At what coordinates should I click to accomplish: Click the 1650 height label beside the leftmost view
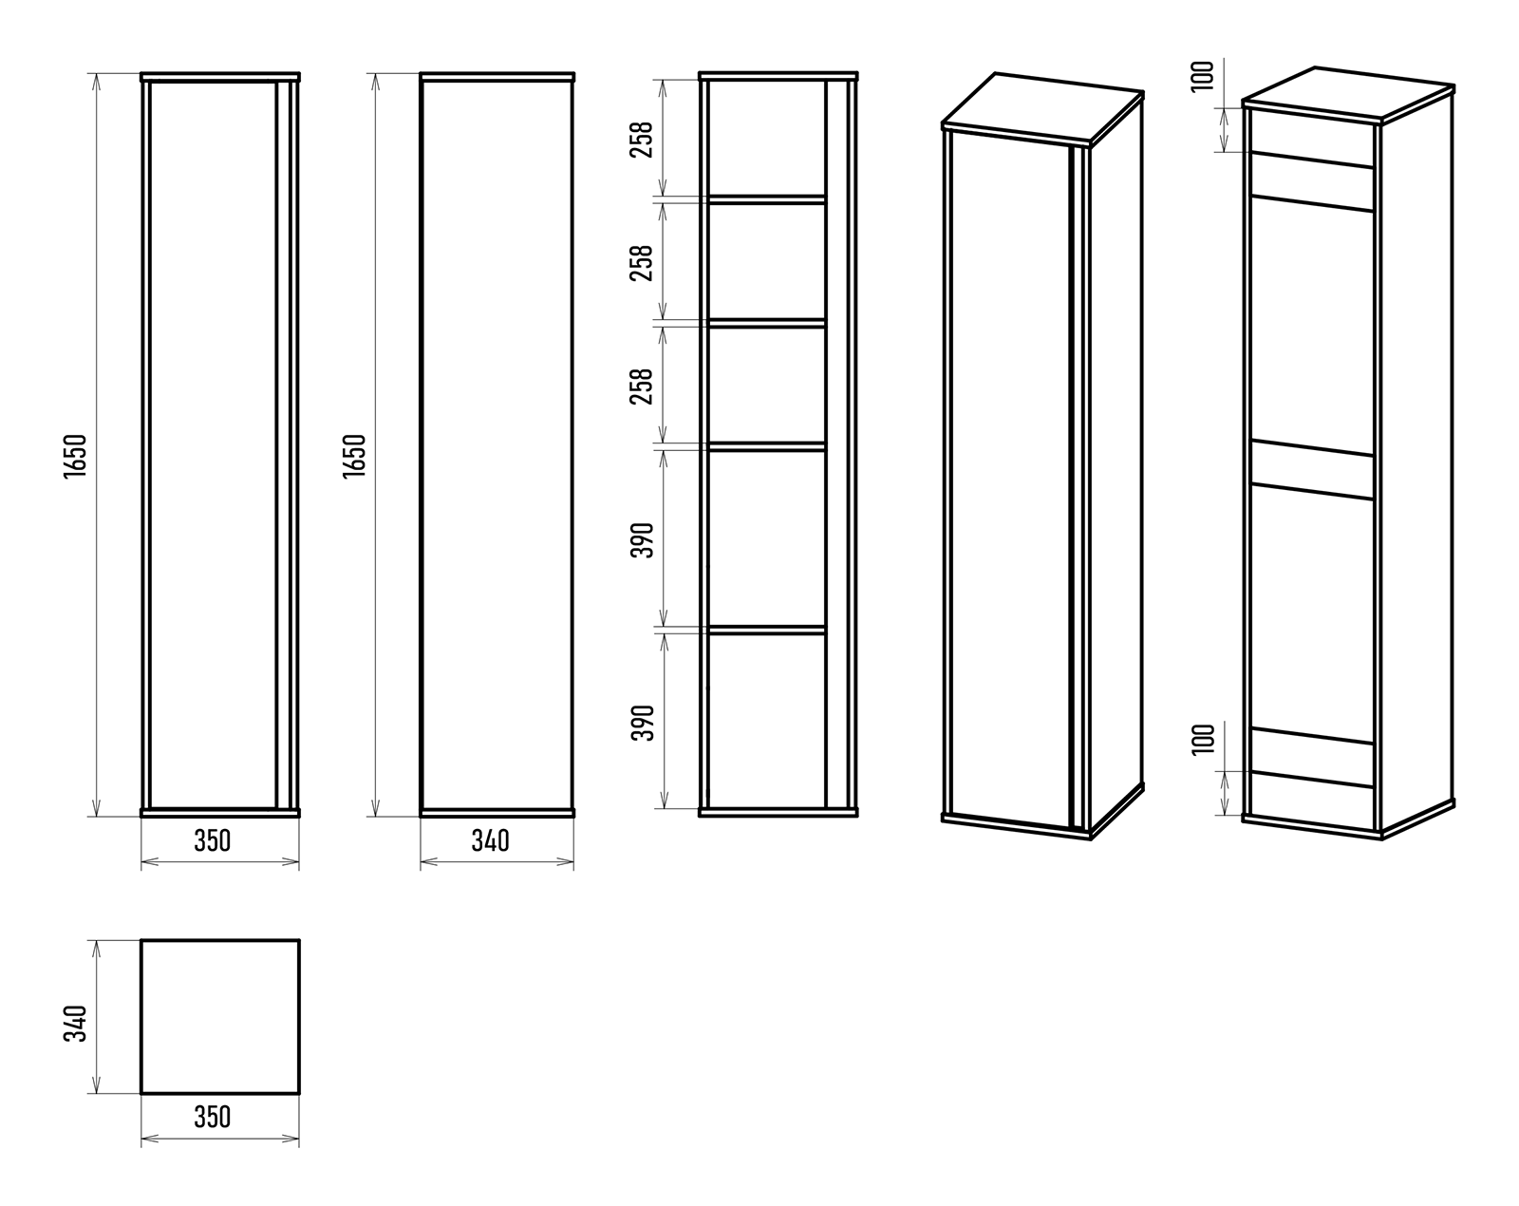(76, 456)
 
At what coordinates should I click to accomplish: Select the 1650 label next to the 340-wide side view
(355, 456)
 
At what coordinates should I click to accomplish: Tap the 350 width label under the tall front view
(213, 841)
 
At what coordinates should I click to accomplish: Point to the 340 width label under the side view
(491, 841)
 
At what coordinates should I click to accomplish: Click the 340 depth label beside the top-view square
(76, 1023)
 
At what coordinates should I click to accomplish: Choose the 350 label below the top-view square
(213, 1117)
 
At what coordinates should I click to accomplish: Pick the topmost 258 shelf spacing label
(642, 140)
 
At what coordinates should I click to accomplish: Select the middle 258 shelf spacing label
(642, 263)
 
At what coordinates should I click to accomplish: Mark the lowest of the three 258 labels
(642, 386)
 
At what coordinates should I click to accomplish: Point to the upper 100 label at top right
(1203, 76)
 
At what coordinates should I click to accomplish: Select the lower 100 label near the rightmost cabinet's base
(1203, 740)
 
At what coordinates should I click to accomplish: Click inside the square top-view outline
(220, 1017)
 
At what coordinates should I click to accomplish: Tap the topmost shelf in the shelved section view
(766, 199)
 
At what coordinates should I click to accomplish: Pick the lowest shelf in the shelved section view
(766, 630)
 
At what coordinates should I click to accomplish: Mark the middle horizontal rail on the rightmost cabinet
(1312, 469)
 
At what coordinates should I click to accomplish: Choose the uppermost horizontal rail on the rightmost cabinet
(1312, 181)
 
